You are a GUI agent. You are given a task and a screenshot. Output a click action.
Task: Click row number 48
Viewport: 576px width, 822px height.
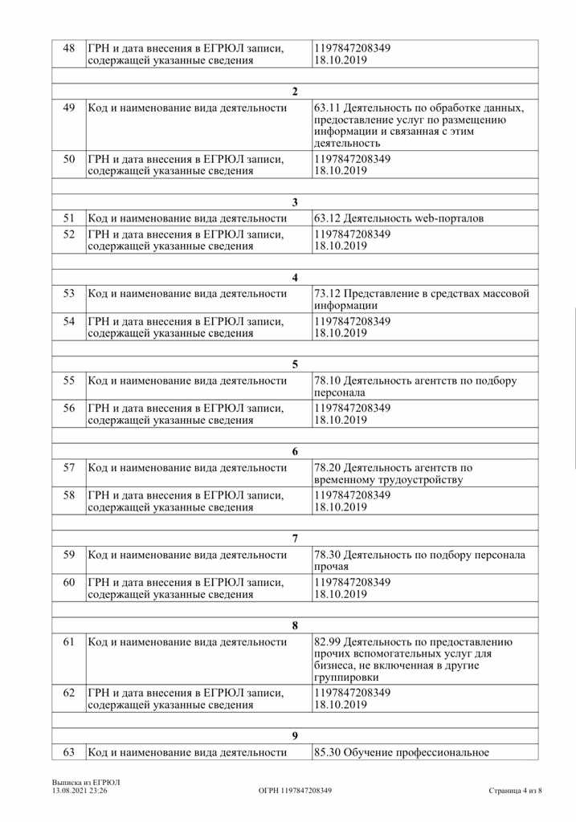[x=68, y=48]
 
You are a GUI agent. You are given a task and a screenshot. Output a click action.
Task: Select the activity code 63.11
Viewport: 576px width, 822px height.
[x=326, y=108]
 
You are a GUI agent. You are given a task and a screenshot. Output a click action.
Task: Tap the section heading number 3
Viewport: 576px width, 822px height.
[x=295, y=202]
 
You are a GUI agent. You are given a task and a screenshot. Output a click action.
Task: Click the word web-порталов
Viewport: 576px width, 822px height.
[x=449, y=218]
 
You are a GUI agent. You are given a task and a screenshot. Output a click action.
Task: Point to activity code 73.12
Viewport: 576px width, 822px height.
[x=326, y=294]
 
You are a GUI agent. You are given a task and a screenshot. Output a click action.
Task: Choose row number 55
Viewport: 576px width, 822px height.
[x=68, y=380]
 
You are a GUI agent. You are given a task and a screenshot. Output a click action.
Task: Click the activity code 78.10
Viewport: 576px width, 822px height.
[x=326, y=380]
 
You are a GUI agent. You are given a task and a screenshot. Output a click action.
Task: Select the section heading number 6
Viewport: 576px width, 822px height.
[x=295, y=451]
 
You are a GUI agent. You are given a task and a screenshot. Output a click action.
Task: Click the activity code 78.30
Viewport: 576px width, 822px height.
[x=326, y=555]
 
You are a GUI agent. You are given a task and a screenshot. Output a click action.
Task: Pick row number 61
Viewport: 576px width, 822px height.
[x=68, y=641]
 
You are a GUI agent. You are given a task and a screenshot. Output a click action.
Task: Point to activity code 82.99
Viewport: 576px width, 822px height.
[x=326, y=641]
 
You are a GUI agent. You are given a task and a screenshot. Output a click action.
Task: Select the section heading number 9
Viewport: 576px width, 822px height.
[x=295, y=735]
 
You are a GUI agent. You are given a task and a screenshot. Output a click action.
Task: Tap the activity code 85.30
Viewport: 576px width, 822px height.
[x=326, y=752]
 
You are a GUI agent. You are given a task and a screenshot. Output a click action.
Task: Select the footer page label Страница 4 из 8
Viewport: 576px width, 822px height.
[x=515, y=791]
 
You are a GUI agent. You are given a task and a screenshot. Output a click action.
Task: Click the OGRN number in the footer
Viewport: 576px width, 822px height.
[x=295, y=791]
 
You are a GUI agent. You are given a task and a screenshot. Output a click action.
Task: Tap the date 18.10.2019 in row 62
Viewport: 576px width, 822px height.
[x=341, y=705]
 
